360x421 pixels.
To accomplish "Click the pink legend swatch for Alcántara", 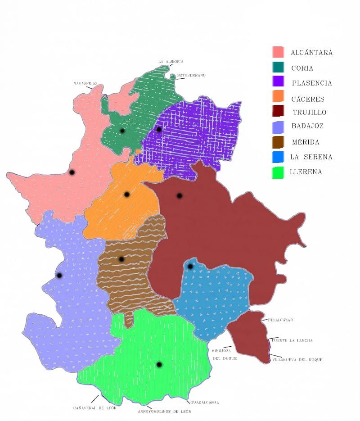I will click(278, 52).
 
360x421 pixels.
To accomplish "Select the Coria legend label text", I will click(302, 68).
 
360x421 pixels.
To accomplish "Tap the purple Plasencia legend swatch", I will click(278, 81).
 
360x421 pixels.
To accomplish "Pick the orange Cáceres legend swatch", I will click(278, 97).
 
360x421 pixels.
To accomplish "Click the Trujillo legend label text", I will click(309, 113).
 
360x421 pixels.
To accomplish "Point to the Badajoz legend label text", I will click(307, 126).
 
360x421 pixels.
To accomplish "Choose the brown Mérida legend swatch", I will click(278, 142).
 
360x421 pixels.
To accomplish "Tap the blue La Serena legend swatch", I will click(278, 157).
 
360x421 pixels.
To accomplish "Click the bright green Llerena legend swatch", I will click(278, 172).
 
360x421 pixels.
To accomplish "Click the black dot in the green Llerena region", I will click(159, 364).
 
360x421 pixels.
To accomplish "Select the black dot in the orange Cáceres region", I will click(127, 195).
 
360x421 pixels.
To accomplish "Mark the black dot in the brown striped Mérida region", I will click(121, 259).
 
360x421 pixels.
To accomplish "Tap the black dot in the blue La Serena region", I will click(190, 267).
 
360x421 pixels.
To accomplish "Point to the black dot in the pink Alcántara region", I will click(72, 172).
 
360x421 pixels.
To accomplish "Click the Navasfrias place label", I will click(85, 83).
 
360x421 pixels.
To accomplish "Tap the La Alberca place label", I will click(171, 62).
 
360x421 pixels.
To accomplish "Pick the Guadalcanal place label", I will click(204, 402).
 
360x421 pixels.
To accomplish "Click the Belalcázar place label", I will click(280, 320).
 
